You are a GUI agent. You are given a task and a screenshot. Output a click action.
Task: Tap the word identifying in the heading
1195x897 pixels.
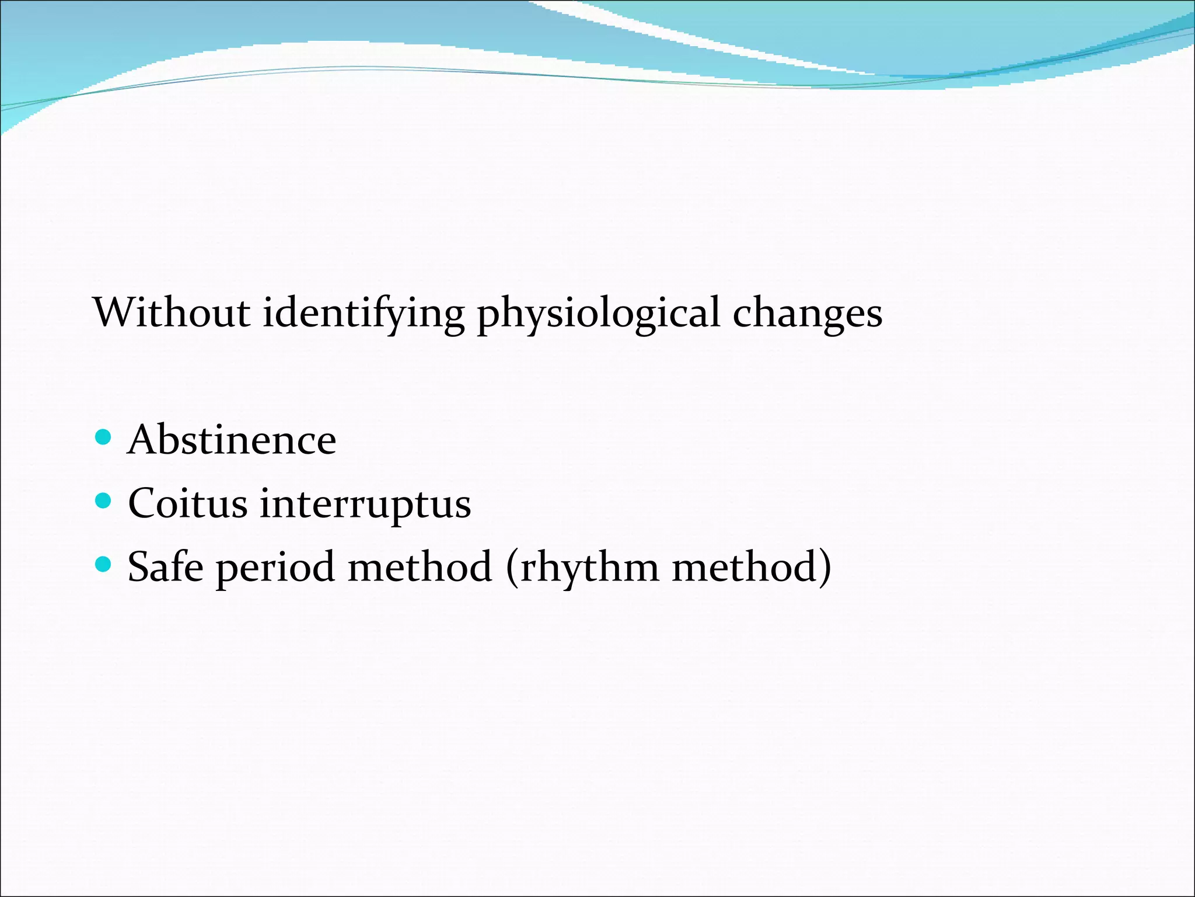(x=363, y=314)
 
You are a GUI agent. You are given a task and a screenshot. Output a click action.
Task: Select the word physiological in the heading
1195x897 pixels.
(x=599, y=314)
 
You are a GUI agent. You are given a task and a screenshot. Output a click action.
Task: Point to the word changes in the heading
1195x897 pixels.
(x=807, y=314)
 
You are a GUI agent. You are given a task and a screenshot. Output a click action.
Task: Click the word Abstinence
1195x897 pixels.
(x=232, y=440)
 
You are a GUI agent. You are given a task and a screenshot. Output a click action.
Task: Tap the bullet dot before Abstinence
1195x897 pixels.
(x=103, y=437)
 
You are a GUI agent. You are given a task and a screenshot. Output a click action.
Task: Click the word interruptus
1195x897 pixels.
(x=365, y=504)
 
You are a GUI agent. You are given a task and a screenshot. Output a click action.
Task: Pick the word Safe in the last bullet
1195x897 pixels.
(x=165, y=566)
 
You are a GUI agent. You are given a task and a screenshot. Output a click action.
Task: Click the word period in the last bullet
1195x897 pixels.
(x=275, y=568)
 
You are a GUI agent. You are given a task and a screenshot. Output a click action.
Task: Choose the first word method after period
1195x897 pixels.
(x=420, y=566)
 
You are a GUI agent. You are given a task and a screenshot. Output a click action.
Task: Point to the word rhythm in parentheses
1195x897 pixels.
(x=589, y=568)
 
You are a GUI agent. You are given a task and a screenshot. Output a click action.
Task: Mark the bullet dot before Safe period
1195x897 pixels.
(x=103, y=564)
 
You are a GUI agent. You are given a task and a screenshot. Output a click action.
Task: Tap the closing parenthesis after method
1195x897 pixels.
(x=824, y=568)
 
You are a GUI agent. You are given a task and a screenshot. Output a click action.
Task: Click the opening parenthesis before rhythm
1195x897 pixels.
(x=512, y=568)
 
